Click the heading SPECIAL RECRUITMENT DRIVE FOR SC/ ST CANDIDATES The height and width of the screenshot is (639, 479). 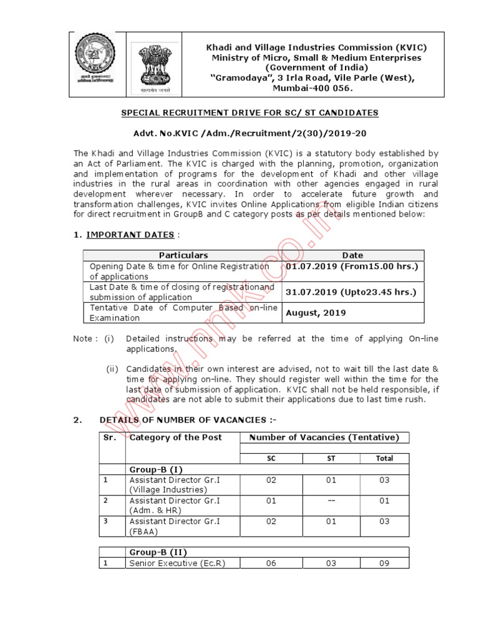coord(249,112)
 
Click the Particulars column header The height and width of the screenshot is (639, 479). coord(183,255)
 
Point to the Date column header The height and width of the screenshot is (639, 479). coord(352,255)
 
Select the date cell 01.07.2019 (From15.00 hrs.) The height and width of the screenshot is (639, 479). coord(351,266)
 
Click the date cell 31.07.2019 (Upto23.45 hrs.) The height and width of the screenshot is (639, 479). coord(350,291)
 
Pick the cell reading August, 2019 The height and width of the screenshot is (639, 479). coord(316,313)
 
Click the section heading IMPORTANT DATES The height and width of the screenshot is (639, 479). coord(130,235)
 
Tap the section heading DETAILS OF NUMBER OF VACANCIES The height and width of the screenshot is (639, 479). coord(186,419)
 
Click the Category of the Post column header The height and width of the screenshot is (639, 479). coord(175,437)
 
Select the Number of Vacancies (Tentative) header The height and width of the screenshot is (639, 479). coord(324,437)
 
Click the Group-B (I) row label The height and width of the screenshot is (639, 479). coord(155,469)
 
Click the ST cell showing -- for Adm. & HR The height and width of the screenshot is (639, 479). coord(331,500)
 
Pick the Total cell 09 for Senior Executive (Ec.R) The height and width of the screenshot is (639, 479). coord(384,563)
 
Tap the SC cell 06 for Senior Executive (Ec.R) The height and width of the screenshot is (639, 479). coord(271,563)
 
